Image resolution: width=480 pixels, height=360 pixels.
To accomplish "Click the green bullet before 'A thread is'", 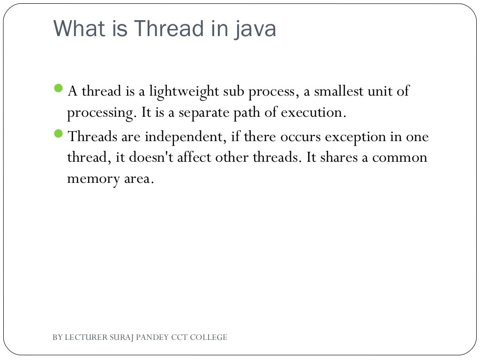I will point(59,88).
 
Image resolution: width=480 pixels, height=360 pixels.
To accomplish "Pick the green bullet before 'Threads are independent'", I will point(59,134).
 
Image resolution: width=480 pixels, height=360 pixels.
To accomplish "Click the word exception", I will point(355,137).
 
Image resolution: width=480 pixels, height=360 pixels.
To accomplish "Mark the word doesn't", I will point(151,157).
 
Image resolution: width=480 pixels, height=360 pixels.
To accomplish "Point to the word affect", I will point(195,157).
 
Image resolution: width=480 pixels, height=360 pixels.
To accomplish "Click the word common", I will point(400,157).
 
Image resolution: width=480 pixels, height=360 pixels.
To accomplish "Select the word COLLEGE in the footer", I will point(209,337).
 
